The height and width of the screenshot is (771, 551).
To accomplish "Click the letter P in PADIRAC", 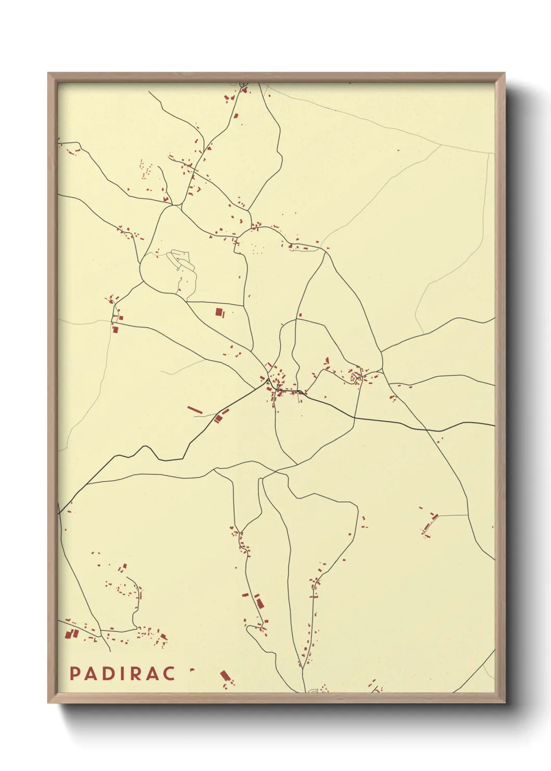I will click(74, 674).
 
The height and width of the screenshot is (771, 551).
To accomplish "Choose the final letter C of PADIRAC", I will click(169, 674).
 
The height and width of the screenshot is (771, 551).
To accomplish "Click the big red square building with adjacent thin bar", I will click(219, 312).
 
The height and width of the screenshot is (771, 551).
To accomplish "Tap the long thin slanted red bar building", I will click(194, 411).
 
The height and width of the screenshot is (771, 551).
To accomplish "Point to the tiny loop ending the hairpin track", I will click(178, 269).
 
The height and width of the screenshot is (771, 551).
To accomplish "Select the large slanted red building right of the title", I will click(225, 676).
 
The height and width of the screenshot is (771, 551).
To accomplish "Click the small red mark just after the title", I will click(192, 669).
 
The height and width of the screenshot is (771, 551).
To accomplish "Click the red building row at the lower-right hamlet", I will click(430, 523).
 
